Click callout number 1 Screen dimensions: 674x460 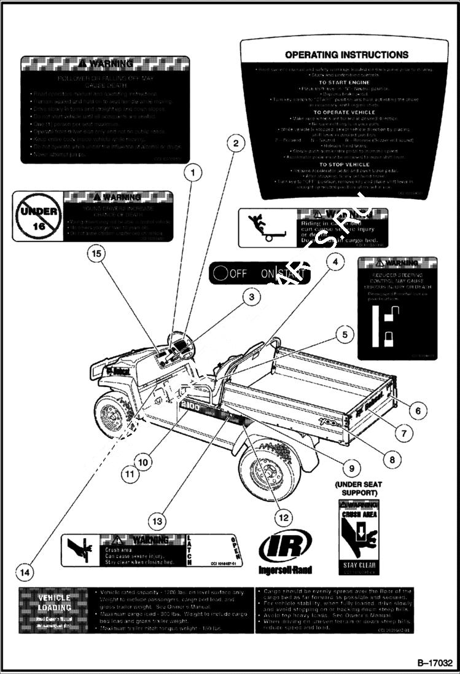click(x=193, y=173)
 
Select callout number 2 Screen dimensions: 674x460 click(x=234, y=144)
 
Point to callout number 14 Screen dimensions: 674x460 click(x=24, y=573)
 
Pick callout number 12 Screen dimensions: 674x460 click(x=283, y=518)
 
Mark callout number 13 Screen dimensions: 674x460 click(x=158, y=521)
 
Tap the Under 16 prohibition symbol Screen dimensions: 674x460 click(x=39, y=217)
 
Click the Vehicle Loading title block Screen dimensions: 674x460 click(x=55, y=602)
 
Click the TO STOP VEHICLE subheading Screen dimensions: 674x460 click(x=341, y=165)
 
